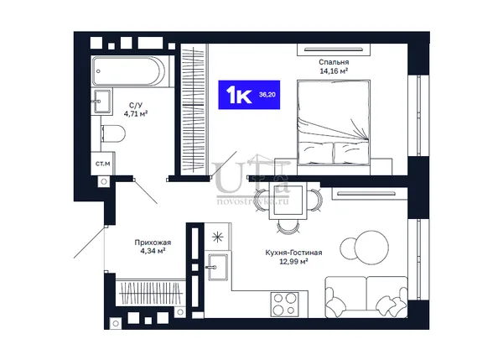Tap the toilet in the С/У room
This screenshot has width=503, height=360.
coord(113,133)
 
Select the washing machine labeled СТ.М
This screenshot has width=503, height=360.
coord(102,164)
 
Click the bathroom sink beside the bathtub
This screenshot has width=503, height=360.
coord(102,102)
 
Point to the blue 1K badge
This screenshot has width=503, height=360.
coord(249,95)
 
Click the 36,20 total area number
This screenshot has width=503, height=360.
coord(267,95)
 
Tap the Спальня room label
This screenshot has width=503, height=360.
coord(334,62)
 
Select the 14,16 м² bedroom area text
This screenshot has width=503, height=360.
coord(334,71)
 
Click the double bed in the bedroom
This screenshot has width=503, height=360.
coord(334,123)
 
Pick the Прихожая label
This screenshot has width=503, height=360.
coord(153,243)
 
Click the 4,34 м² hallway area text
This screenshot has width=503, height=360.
coord(153,251)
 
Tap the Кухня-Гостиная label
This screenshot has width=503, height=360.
coord(293,253)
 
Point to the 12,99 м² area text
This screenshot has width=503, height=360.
coord(293,262)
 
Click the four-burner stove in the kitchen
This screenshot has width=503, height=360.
coord(285,304)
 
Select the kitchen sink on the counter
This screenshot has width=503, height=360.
coord(217,267)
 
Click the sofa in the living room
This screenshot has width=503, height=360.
coord(366,297)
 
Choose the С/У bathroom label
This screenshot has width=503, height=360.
coord(136,105)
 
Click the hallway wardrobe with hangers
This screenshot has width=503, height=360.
coord(151,293)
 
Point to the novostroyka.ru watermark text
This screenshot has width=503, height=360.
coord(253,201)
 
